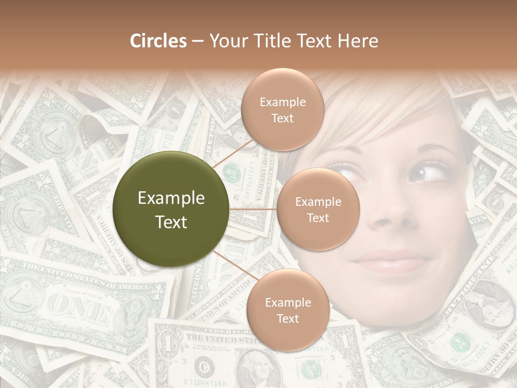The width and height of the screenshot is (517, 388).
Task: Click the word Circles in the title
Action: click(x=158, y=41)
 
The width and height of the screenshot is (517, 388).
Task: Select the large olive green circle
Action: click(x=171, y=210)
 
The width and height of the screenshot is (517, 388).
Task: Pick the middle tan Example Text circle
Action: click(x=318, y=210)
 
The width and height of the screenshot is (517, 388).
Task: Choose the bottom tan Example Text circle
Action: click(x=288, y=310)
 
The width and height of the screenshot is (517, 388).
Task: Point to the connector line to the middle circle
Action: click(x=253, y=209)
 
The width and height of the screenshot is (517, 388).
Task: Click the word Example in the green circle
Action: click(x=171, y=198)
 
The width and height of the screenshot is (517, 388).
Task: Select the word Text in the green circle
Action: click(x=171, y=222)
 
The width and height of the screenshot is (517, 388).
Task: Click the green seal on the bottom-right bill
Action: click(x=459, y=342)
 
